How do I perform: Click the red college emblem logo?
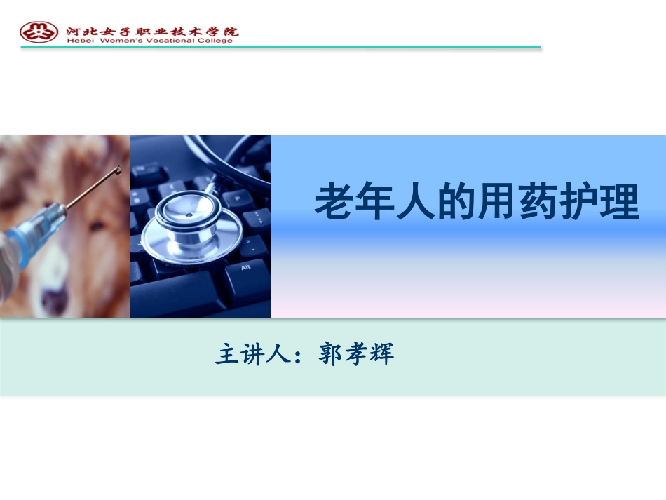[x=39, y=32]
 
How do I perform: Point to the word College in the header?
[x=215, y=41]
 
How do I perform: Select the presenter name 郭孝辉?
[x=356, y=354]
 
